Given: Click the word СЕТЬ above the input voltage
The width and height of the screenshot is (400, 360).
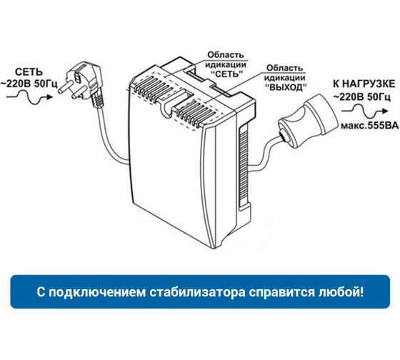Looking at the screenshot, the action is pyautogui.click(x=29, y=72).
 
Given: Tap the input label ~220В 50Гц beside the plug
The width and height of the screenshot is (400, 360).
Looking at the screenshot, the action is pyautogui.click(x=29, y=84).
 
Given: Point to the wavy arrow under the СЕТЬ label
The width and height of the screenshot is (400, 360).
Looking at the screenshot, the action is pyautogui.click(x=29, y=97).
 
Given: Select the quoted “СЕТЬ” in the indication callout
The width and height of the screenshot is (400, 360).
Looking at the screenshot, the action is pyautogui.click(x=226, y=74).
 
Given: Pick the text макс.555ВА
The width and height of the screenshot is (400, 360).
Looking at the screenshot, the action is pyautogui.click(x=370, y=126).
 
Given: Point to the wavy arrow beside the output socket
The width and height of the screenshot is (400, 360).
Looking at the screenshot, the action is pyautogui.click(x=365, y=111).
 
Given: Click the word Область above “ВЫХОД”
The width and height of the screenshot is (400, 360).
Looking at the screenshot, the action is pyautogui.click(x=284, y=68).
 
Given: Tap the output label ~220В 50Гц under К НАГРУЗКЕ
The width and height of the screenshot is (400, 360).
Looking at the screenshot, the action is pyautogui.click(x=361, y=97).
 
